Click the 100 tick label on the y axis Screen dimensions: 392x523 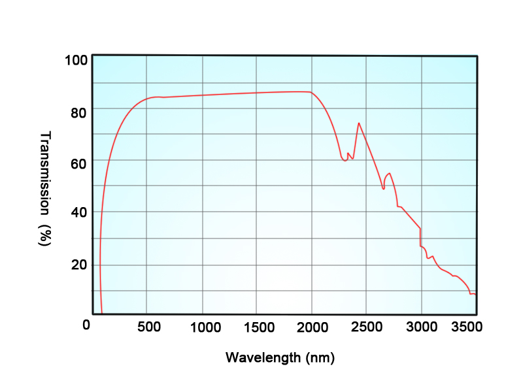[76, 61]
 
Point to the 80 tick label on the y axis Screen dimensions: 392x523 [78, 112]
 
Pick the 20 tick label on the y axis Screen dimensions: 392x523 [78, 265]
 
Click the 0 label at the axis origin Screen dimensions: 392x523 [86, 325]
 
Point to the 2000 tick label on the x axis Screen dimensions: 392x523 [312, 327]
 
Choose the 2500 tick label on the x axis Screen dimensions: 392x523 [366, 327]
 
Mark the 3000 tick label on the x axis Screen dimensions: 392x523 [420, 327]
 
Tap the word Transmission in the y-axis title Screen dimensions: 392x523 [45, 173]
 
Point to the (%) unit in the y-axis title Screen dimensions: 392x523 [45, 235]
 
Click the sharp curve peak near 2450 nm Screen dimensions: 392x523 [358, 123]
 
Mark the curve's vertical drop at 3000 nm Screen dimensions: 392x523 [420, 237]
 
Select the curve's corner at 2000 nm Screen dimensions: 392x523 [311, 92]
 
